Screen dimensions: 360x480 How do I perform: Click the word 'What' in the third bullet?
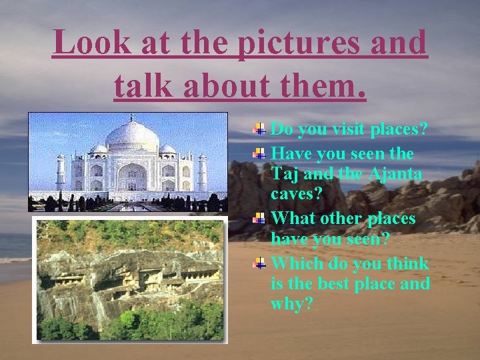(x=295, y=218)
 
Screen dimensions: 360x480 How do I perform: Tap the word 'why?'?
(x=291, y=305)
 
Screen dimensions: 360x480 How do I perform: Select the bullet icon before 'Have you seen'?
(x=260, y=153)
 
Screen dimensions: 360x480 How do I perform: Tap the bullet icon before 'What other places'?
(x=260, y=218)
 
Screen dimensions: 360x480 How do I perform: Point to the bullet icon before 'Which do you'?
(x=260, y=263)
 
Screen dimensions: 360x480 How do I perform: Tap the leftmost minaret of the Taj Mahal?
(x=61, y=172)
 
